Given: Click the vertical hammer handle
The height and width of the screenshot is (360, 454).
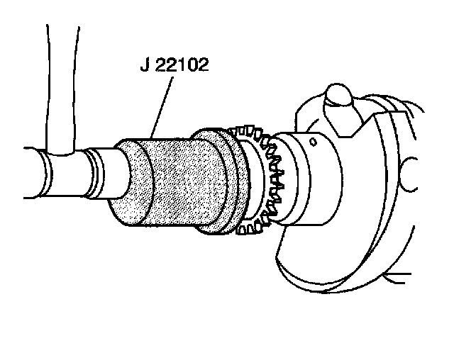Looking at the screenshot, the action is click(59, 85).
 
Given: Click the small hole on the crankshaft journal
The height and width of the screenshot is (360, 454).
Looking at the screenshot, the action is click(313, 142).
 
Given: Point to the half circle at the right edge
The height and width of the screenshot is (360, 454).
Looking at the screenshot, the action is click(409, 170).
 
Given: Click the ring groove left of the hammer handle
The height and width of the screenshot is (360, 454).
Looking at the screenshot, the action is click(44, 170).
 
